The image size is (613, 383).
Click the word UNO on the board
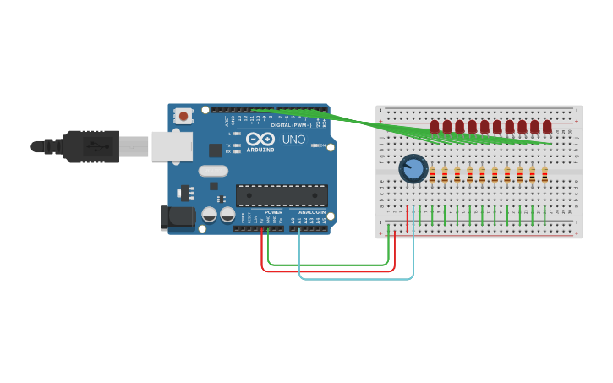(x=293, y=139)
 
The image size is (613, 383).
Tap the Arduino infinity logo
(x=260, y=139)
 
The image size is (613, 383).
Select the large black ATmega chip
(x=282, y=195)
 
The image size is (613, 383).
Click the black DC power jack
(x=178, y=217)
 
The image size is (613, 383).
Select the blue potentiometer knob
(x=413, y=168)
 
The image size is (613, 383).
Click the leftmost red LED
(x=435, y=127)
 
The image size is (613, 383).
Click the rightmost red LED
(x=547, y=127)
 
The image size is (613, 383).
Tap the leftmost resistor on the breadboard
(x=432, y=175)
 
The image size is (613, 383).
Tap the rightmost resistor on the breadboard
(x=545, y=175)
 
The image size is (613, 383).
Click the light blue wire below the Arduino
(x=355, y=278)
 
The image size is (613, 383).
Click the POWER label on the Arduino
(x=273, y=212)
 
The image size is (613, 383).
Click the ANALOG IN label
(x=311, y=212)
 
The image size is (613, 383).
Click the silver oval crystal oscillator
(x=214, y=171)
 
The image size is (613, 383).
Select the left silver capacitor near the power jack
(x=209, y=215)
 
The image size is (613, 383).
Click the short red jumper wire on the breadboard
(x=408, y=218)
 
